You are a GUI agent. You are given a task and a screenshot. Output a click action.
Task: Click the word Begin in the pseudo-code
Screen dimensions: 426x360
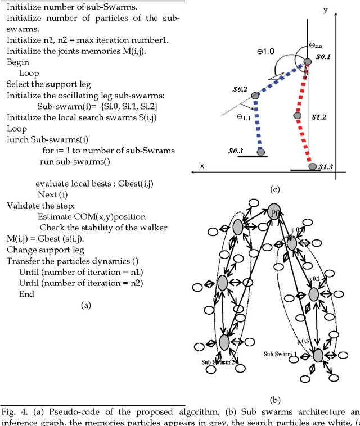(17, 62)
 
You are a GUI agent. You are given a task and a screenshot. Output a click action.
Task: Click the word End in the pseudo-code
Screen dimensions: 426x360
(26, 294)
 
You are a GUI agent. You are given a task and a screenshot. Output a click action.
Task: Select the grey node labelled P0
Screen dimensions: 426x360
(274, 212)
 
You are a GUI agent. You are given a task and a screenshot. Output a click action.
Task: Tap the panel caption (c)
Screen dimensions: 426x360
(275, 189)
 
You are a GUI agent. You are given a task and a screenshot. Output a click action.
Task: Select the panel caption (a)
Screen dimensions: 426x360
(85, 305)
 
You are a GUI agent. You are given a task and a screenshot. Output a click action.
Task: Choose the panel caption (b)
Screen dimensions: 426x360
(275, 400)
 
